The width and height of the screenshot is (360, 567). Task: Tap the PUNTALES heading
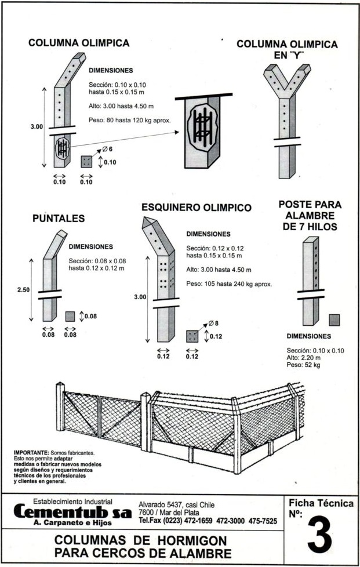[59, 219]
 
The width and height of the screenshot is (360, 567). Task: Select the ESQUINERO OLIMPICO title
[196, 208]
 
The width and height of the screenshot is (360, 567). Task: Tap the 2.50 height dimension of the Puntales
[23, 289]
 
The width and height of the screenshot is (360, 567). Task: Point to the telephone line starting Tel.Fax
[208, 521]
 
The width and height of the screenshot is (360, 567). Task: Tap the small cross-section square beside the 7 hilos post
[334, 319]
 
